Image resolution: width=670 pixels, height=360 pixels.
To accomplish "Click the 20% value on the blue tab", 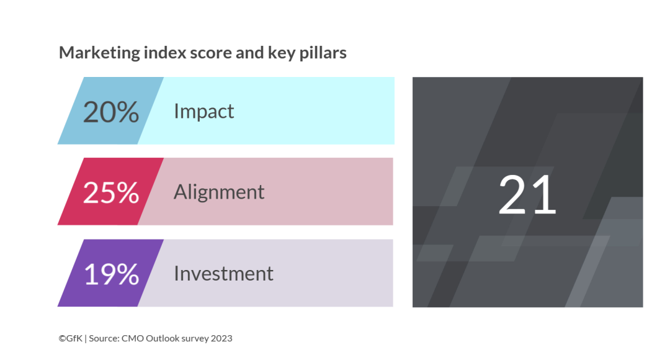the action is pos(111,112).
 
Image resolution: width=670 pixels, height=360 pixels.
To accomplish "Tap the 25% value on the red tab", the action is pos(111,192).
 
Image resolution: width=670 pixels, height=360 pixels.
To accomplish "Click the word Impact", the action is pos(204,112).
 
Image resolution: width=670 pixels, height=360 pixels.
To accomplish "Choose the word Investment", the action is pos(223,274).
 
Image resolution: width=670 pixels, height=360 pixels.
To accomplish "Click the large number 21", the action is pos(527,194).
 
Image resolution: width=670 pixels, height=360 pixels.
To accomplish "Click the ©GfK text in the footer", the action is pos(71,338).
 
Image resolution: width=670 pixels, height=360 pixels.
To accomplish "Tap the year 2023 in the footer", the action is pos(221,338).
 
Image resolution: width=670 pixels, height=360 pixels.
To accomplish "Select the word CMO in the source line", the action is pos(133,338).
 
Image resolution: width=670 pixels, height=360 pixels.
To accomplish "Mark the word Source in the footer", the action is pos(104,338).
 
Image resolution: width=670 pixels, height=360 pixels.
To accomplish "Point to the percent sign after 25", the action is pos(127,193).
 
